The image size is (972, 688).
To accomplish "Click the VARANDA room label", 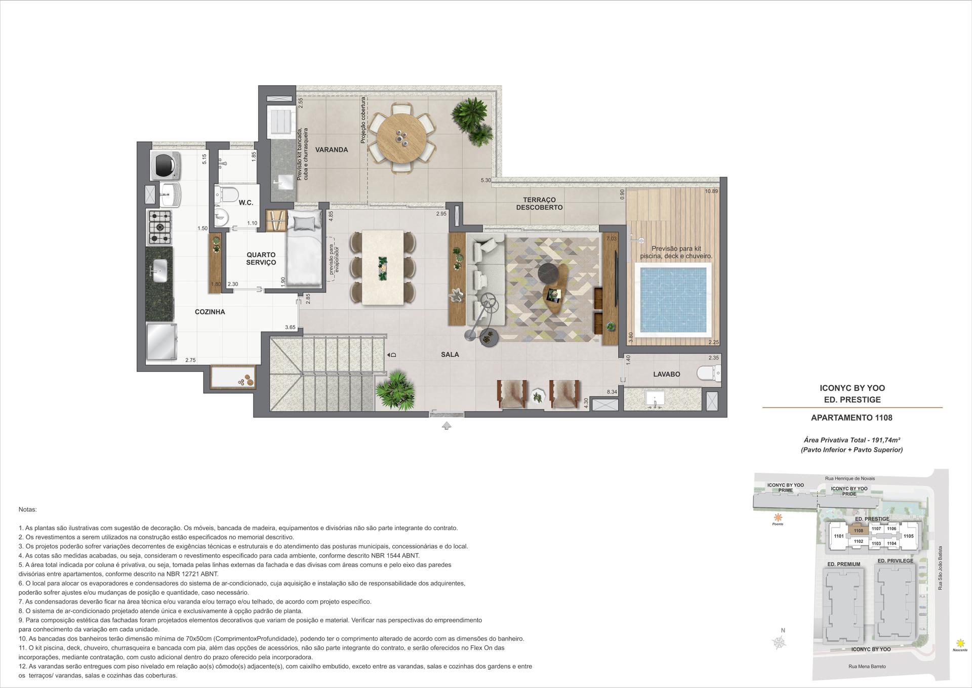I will pos(331,150).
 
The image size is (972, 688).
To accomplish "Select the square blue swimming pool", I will pos(673,300).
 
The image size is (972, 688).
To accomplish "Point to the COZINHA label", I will pos(210,312).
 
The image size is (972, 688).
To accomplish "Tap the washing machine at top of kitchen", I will pos(166,165).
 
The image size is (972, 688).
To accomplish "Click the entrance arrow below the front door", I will pos(446,426).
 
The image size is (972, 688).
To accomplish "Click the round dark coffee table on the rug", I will pos(548,273).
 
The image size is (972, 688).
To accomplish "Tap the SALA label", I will pos(450,354).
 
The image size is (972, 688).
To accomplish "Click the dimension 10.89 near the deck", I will pos(711,191).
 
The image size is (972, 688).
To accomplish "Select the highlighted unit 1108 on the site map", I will pos(858,531).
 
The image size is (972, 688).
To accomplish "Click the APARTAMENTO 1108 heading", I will pos(852,418).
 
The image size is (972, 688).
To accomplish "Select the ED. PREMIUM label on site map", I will pos(843,564).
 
